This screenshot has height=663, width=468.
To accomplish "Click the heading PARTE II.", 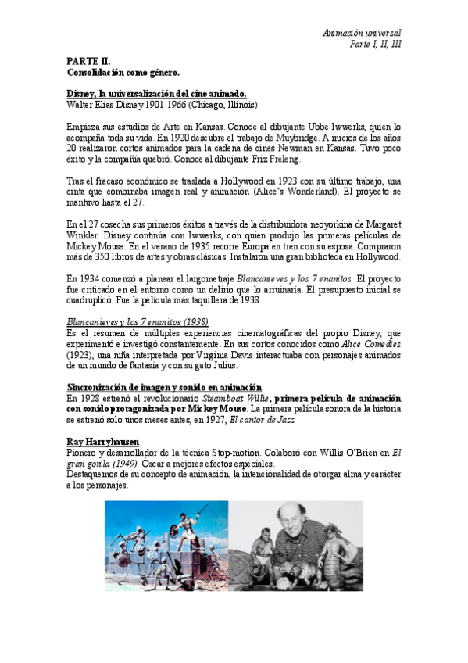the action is [88, 61].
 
